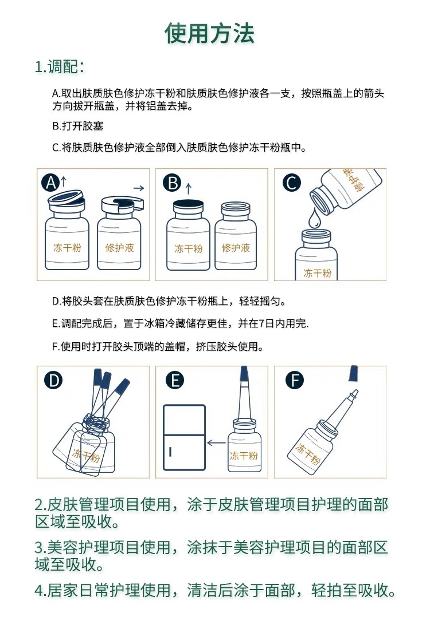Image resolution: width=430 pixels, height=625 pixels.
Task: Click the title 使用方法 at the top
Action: pyautogui.click(x=210, y=33)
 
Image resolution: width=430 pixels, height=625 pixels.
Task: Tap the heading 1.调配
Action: pyautogui.click(x=60, y=66)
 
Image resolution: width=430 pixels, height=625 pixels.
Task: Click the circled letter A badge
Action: pyautogui.click(x=50, y=183)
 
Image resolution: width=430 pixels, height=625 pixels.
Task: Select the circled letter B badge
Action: pyautogui.click(x=173, y=183)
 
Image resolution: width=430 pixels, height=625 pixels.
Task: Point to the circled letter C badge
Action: pyautogui.click(x=291, y=183)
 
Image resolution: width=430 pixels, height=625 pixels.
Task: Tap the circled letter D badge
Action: pyautogui.click(x=53, y=380)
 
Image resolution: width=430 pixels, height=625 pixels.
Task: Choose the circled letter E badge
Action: pyautogui.click(x=175, y=380)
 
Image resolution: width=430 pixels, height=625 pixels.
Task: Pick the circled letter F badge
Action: pyautogui.click(x=295, y=380)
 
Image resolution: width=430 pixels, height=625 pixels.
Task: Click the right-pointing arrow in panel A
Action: pyautogui.click(x=139, y=188)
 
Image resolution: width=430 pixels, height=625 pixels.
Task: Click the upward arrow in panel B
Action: pyautogui.click(x=189, y=188)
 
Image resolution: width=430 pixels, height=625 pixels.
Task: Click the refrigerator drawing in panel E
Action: pyautogui.click(x=185, y=438)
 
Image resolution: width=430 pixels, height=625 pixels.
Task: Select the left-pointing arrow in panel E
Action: pyautogui.click(x=217, y=442)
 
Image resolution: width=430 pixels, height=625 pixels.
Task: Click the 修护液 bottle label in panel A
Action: pyautogui.click(x=119, y=248)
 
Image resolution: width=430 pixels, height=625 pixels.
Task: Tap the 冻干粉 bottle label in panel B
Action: pyautogui.click(x=189, y=249)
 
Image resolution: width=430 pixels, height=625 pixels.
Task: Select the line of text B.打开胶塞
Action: pyautogui.click(x=77, y=126)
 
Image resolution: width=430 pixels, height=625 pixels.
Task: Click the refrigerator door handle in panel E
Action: pyautogui.click(x=170, y=452)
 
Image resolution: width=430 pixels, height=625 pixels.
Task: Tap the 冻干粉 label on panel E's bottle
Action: pyautogui.click(x=244, y=456)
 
